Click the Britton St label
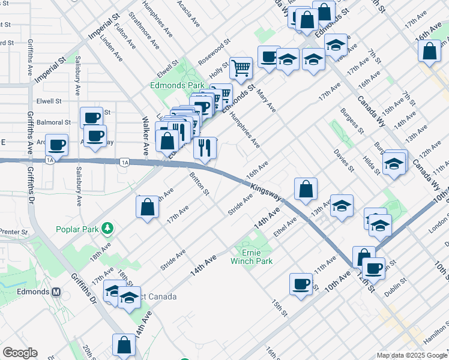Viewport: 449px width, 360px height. coord(199,185)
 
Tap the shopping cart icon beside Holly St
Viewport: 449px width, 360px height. coord(241,68)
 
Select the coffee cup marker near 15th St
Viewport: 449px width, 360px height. coord(301,284)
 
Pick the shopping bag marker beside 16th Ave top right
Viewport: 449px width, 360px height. coord(430,51)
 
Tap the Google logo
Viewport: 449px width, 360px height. coord(20,353)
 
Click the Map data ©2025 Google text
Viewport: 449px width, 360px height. coord(412,355)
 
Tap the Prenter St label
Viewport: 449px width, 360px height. coord(14,232)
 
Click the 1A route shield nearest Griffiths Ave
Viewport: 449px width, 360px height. coord(50,160)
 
